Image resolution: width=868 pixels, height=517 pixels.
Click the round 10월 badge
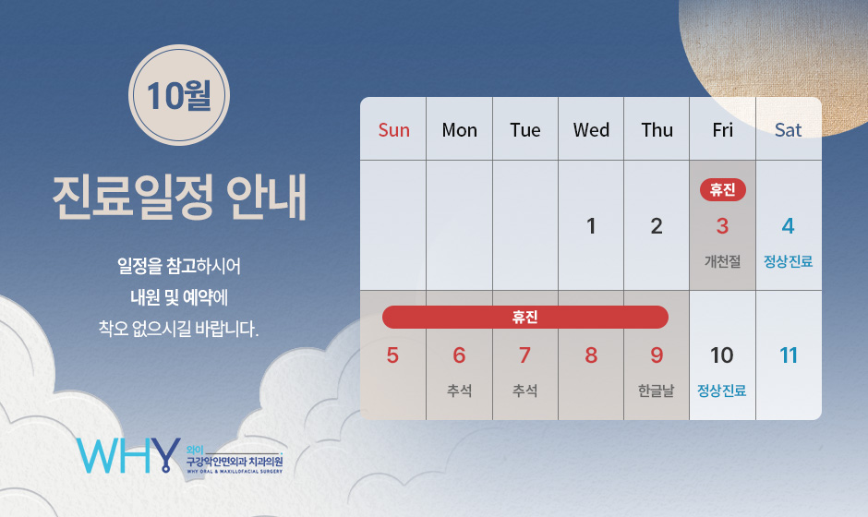coord(179,95)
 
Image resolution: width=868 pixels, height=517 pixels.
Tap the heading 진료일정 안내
coord(179,198)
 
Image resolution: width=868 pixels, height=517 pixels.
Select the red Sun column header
coord(393,130)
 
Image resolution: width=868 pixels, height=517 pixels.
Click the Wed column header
coord(591,130)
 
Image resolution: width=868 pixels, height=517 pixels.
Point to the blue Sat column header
coord(789,130)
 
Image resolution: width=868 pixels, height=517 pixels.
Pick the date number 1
coord(591,226)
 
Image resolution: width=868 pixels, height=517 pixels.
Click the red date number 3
coord(722,226)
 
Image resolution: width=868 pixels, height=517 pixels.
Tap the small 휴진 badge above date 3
coord(722,190)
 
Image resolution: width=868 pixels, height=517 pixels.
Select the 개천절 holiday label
coord(722,261)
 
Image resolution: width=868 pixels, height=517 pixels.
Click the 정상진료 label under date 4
coord(789,261)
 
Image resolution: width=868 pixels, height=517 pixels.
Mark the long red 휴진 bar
coord(524,318)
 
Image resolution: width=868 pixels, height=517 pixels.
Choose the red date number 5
coord(392,355)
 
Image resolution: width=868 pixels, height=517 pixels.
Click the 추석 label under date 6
coord(459,391)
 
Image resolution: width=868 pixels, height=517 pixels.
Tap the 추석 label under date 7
coord(524,391)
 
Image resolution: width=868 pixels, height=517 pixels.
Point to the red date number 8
coord(591,355)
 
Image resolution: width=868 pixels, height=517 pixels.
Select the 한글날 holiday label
coord(656,391)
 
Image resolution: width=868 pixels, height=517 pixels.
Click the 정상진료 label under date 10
coord(722,391)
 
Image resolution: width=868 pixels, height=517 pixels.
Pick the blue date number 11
coord(789,355)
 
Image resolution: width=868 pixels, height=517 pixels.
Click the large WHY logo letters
coord(128,455)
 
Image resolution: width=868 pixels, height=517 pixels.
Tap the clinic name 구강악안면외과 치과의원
coord(235,461)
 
